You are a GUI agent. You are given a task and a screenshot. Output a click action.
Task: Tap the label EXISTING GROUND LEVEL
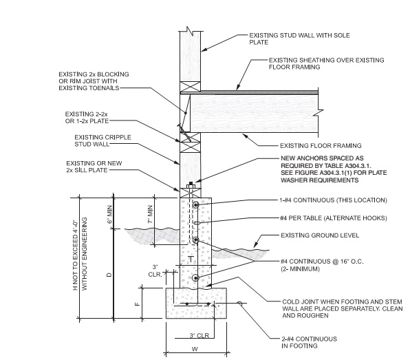pyautogui.click(x=320, y=235)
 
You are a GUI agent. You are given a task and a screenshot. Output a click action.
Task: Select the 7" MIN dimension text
pyautogui.click(x=151, y=215)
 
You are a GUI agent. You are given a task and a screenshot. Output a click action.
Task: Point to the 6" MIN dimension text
pyautogui.click(x=110, y=215)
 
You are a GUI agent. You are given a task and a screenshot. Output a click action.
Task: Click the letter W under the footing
pyautogui.click(x=195, y=349)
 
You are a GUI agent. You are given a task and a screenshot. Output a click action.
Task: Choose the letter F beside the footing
pyautogui.click(x=138, y=304)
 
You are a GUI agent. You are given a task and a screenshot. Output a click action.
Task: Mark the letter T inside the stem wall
pyautogui.click(x=191, y=260)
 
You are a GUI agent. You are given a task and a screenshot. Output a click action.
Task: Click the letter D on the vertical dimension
pyautogui.click(x=109, y=275)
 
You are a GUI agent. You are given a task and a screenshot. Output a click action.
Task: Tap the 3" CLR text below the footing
pyautogui.click(x=199, y=335)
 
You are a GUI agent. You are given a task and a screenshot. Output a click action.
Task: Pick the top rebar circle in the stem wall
pyautogui.click(x=195, y=205)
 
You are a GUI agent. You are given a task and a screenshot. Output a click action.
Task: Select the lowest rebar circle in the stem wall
pyautogui.click(x=195, y=278)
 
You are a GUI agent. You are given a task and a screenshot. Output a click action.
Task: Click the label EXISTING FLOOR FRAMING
pyautogui.click(x=321, y=145)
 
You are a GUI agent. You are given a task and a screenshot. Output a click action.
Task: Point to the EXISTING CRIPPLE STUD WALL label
pyautogui.click(x=102, y=140)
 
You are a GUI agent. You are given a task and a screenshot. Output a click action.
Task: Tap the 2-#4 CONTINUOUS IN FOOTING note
pyautogui.click(x=310, y=343)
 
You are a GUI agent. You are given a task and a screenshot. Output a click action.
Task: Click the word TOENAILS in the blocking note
pyautogui.click(x=105, y=88)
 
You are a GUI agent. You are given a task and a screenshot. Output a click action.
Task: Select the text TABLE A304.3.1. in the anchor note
pyautogui.click(x=348, y=166)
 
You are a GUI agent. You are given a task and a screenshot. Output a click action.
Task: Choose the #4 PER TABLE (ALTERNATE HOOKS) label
pyautogui.click(x=334, y=218)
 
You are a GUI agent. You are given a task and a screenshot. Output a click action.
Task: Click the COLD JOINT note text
pyautogui.click(x=343, y=308)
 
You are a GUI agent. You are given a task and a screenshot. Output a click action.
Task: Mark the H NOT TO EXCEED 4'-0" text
pyautogui.click(x=75, y=254)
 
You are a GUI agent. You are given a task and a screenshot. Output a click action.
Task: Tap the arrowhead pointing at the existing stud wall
pyautogui.click(x=204, y=49)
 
